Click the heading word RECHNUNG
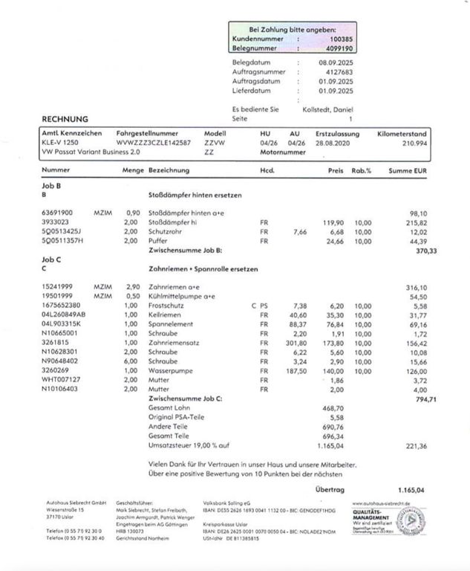pos(65,118)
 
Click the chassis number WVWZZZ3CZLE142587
pos(154,142)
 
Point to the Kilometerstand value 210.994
pos(413,142)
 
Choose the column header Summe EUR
pos(408,170)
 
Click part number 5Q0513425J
pos(63,230)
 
